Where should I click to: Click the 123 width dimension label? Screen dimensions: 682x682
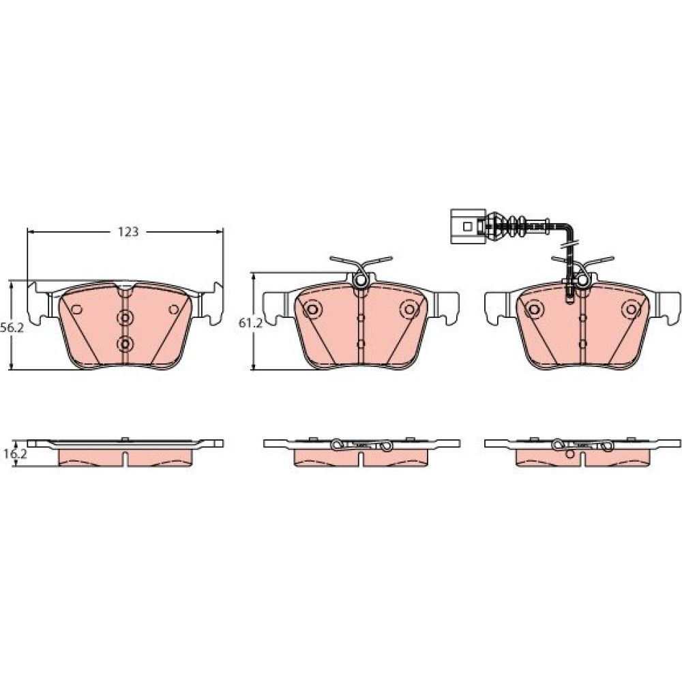tap(128, 232)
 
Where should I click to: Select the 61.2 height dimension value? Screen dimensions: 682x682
tap(250, 323)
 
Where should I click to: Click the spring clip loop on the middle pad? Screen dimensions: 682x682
tap(361, 281)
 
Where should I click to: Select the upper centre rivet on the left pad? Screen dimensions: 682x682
tap(125, 318)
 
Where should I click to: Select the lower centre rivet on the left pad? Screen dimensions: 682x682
tap(125, 344)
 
